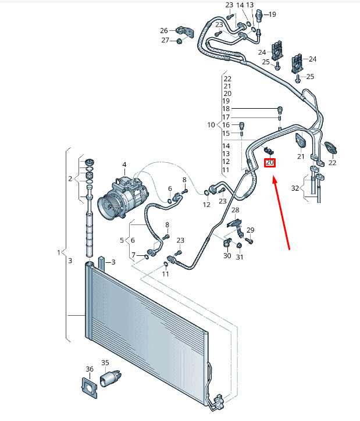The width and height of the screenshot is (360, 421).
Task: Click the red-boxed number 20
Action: (x=270, y=163)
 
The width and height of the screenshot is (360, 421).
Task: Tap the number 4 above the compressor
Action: (x=124, y=165)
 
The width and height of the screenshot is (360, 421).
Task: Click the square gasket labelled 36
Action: (x=88, y=386)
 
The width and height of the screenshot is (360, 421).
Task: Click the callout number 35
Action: (x=105, y=363)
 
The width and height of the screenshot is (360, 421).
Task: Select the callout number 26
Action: (x=163, y=30)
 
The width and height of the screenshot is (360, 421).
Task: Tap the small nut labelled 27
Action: (x=180, y=41)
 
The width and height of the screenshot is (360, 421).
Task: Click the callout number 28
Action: (x=235, y=210)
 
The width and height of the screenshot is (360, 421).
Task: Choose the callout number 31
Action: (x=239, y=256)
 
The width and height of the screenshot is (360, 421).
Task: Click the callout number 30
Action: (x=226, y=256)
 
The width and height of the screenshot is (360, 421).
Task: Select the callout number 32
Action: (x=295, y=188)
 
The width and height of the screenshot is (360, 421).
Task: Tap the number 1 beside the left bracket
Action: (x=59, y=252)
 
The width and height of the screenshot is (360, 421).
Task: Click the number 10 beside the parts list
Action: (x=211, y=125)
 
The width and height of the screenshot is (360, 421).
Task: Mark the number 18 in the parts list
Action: (x=226, y=109)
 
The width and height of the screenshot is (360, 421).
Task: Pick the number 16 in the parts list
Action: (x=226, y=125)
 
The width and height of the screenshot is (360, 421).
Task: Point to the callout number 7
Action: (x=133, y=255)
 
